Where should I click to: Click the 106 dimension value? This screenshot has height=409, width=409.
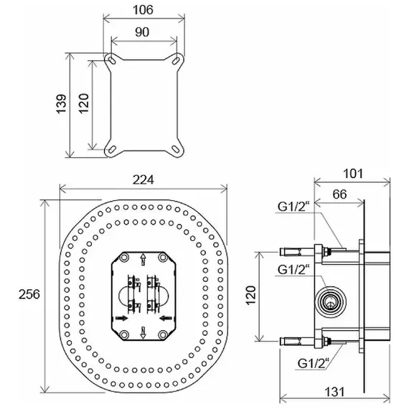pyautogui.click(x=143, y=10)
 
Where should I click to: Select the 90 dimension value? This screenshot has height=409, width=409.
pyautogui.click(x=142, y=32)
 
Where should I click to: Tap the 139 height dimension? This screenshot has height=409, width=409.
pyautogui.click(x=62, y=104)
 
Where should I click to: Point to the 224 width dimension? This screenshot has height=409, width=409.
pyautogui.click(x=144, y=179)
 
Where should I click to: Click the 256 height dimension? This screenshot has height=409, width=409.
pyautogui.click(x=29, y=294)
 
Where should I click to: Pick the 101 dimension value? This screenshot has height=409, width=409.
pyautogui.click(x=353, y=174)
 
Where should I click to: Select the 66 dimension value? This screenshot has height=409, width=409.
pyautogui.click(x=339, y=194)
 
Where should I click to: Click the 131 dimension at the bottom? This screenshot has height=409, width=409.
pyautogui.click(x=334, y=392)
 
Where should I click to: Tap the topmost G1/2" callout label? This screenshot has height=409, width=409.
pyautogui.click(x=293, y=207)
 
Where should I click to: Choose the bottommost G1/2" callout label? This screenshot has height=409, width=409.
pyautogui.click(x=314, y=363)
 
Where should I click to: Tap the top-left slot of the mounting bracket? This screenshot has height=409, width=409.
pyautogui.click(x=111, y=60)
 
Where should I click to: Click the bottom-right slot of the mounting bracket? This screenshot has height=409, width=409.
pyautogui.click(x=177, y=149)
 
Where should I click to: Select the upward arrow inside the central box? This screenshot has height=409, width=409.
pyautogui.click(x=143, y=260)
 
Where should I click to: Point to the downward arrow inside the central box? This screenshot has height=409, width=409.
pyautogui.click(x=143, y=333)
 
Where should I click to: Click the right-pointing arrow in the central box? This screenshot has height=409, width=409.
pyautogui.click(x=121, y=318)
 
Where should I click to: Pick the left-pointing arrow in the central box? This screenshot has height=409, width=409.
pyautogui.click(x=165, y=318)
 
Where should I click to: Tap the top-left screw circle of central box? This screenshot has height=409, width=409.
pyautogui.click(x=123, y=258)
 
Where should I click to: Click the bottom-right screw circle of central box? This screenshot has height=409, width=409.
pyautogui.click(x=163, y=334)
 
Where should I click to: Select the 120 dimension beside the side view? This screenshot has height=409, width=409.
pyautogui.click(x=250, y=296)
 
